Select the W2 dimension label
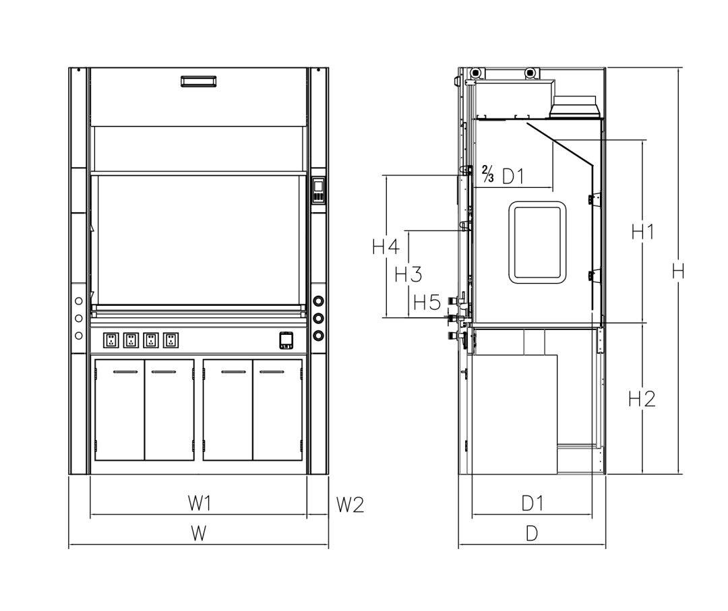coord(350,504)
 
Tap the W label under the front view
coord(198,534)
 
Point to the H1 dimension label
coord(642,232)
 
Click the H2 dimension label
coord(642,399)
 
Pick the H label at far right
coord(678,271)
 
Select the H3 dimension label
coord(408,274)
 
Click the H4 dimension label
coord(386,247)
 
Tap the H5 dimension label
coord(427,302)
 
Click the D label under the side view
coord(532,534)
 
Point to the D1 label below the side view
coord(533,503)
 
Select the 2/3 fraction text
coord(488,175)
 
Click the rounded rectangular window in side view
coord(537,243)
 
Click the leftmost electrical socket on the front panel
coord(109,340)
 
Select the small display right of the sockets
coord(286,340)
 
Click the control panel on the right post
coord(318,190)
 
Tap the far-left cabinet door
coord(119,410)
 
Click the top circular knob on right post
coord(318,300)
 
